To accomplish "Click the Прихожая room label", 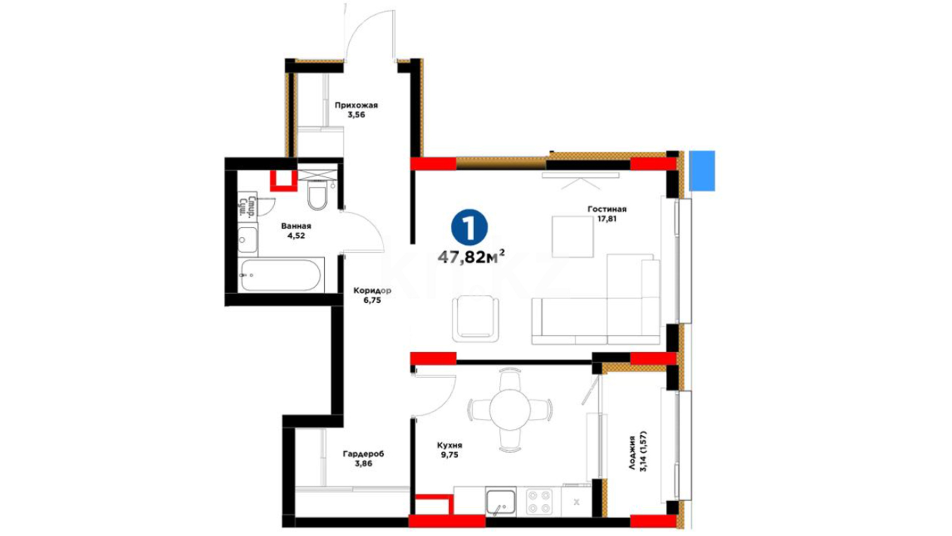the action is point(356,105).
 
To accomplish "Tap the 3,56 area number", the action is point(356,115).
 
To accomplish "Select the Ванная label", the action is point(296,226).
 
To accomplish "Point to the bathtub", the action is point(281,274).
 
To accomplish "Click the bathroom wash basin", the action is point(247,240).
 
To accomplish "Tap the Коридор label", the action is point(372,291).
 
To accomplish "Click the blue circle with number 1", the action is point(469,228).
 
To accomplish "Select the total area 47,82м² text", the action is point(472,257).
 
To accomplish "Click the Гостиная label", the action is point(607,209).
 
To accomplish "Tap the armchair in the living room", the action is point(476,318).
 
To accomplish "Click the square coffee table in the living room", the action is point(573,237).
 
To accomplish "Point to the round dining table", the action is point(510,410).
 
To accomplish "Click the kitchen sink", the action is point(501,501).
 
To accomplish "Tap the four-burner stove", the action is point(539,502).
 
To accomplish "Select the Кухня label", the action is point(449,446).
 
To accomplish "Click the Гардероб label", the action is point(363,454).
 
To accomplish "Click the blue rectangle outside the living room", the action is point(702,171).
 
